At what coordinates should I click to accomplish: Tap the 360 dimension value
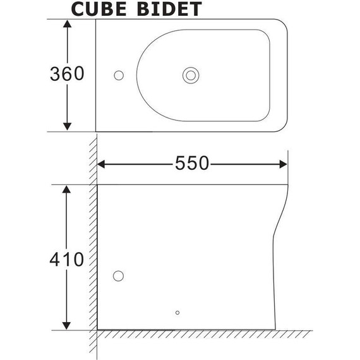(66, 74)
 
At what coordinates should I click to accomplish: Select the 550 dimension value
(192, 164)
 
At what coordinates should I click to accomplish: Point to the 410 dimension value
(66, 259)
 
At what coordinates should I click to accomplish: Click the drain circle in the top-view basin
(190, 75)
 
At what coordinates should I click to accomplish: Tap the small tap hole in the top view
(118, 75)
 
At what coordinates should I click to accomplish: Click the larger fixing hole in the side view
(118, 276)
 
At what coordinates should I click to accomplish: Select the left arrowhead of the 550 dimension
(103, 164)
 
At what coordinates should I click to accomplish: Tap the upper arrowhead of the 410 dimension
(67, 191)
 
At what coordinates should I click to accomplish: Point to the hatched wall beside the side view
(92, 253)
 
